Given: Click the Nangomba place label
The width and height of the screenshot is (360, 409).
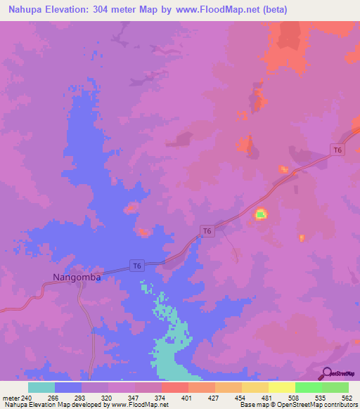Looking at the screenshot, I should click(77, 277).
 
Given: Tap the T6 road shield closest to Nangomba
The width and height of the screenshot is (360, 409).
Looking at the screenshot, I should click(138, 265).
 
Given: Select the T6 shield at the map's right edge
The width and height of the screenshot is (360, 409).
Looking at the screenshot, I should click(337, 150).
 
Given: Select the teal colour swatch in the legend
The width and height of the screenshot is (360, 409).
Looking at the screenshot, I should click(41, 387).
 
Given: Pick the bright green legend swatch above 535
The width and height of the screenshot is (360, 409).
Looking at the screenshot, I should click(308, 387).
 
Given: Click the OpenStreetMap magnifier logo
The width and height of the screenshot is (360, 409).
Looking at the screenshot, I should click(326, 373).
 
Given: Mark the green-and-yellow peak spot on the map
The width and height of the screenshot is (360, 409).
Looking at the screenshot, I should click(261, 214).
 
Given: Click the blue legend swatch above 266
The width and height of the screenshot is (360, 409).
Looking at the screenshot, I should click(68, 387).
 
